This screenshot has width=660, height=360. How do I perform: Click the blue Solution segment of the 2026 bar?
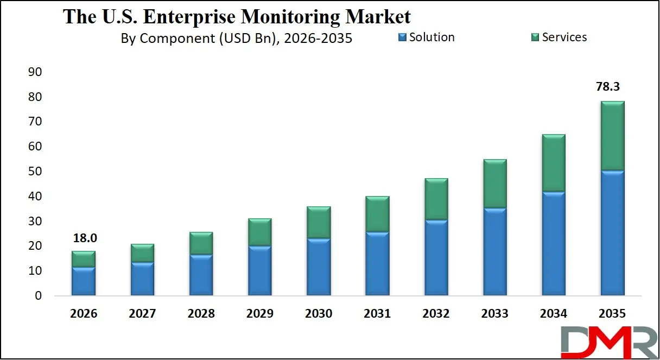[83, 281]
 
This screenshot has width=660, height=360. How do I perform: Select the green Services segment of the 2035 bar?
[612, 136]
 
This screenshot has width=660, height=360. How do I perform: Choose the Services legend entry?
[559, 37]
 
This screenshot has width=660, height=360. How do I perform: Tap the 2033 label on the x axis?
[494, 314]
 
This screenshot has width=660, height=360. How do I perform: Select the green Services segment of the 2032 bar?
[436, 199]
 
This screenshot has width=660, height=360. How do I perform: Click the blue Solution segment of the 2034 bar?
[554, 243]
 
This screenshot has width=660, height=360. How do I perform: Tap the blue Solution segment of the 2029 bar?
[259, 270]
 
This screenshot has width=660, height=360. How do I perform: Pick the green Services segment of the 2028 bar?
[201, 243]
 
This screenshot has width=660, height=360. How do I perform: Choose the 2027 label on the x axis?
[142, 314]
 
